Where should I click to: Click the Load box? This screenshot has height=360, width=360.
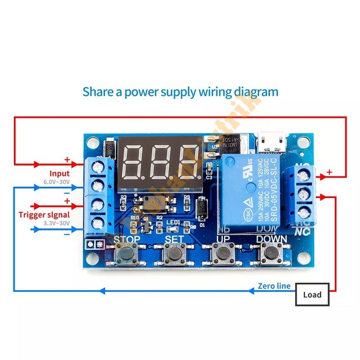coord(312,295)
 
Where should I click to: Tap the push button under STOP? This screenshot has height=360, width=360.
coord(125,253)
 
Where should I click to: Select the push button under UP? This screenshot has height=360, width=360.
coord(222,253)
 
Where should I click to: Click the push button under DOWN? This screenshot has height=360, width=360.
coord(269,253)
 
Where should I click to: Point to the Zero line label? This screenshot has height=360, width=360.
coord(274,286)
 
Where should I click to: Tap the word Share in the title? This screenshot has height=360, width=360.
coord(98,92)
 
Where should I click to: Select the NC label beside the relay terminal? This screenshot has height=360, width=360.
coord(302,232)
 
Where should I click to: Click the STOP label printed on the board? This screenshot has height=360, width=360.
coord(126,239)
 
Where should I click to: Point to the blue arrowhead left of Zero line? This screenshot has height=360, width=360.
coord(251,291)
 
